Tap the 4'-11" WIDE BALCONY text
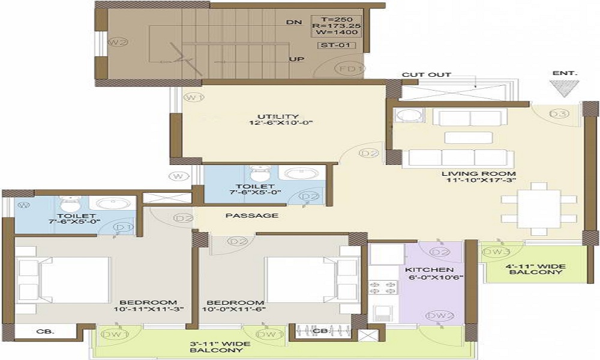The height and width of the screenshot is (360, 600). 536,269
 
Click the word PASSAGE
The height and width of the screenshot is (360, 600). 260,215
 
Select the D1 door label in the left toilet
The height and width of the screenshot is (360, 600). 124,227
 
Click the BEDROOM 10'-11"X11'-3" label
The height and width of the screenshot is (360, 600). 148,305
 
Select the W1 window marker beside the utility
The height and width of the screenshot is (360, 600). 193,97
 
